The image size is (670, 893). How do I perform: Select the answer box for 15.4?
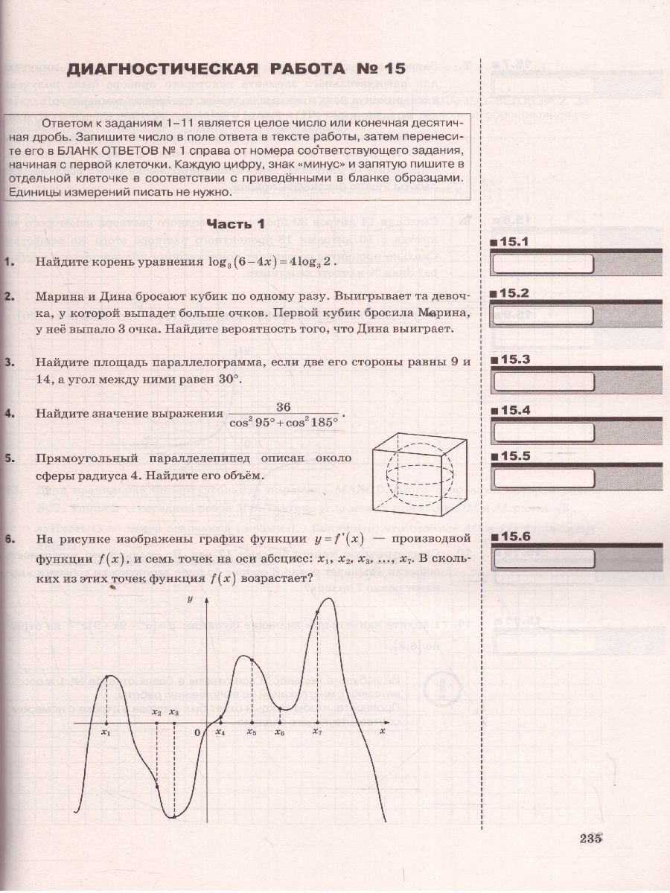543,432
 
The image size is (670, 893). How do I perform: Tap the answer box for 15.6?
543,558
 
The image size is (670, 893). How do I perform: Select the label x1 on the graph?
106,732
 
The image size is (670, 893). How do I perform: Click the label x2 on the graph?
156,713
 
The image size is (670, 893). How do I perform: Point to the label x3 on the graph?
174,713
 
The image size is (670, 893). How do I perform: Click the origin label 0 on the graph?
197,732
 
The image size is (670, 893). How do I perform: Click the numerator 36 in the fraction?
283,406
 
